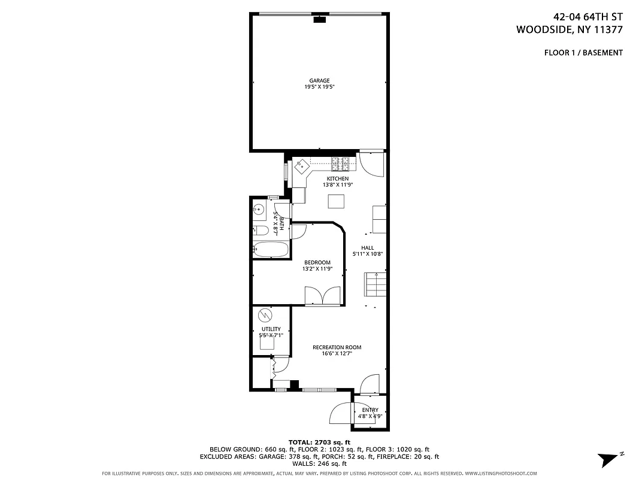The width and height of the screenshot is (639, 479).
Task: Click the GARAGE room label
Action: coord(319,81)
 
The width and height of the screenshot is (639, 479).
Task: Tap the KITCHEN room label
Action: coord(337,178)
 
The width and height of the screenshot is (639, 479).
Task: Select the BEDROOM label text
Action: coord(317,262)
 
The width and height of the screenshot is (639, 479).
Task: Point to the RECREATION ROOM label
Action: coord(337,347)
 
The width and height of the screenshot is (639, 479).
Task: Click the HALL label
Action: coord(367,248)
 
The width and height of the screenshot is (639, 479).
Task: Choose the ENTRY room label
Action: coord(370,410)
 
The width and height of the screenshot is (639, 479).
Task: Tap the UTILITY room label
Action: coord(271,329)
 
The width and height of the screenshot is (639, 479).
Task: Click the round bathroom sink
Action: coord(259,210)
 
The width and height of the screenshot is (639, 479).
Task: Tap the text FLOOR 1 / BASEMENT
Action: coord(583,53)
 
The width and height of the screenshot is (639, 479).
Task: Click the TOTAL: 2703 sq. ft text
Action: coord(319,442)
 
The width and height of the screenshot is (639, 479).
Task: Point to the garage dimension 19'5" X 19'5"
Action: coord(319,87)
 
